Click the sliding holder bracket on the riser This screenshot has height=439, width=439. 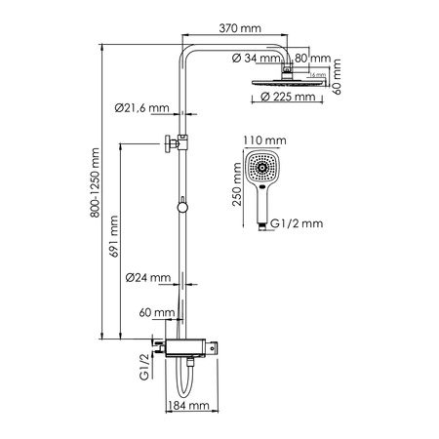[174, 142]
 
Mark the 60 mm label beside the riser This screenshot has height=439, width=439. [156, 313]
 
